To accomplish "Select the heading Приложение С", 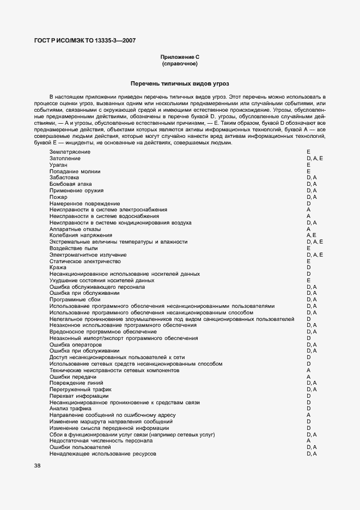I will (x=179, y=57).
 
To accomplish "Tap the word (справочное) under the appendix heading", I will (x=179, y=64).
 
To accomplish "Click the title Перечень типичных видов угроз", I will (x=180, y=83).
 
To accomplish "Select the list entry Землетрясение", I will (x=70, y=151).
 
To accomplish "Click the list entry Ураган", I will (x=58, y=165).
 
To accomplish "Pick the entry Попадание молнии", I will (x=75, y=171).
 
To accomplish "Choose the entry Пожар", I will (x=58, y=197).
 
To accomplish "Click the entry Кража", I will (x=58, y=268).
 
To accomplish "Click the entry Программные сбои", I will (x=75, y=300).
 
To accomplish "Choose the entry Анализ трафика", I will (x=70, y=409).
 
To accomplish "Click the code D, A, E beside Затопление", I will (x=315, y=158).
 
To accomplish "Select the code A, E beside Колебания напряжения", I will (x=312, y=235).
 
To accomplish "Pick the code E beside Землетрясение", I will (x=308, y=151).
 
